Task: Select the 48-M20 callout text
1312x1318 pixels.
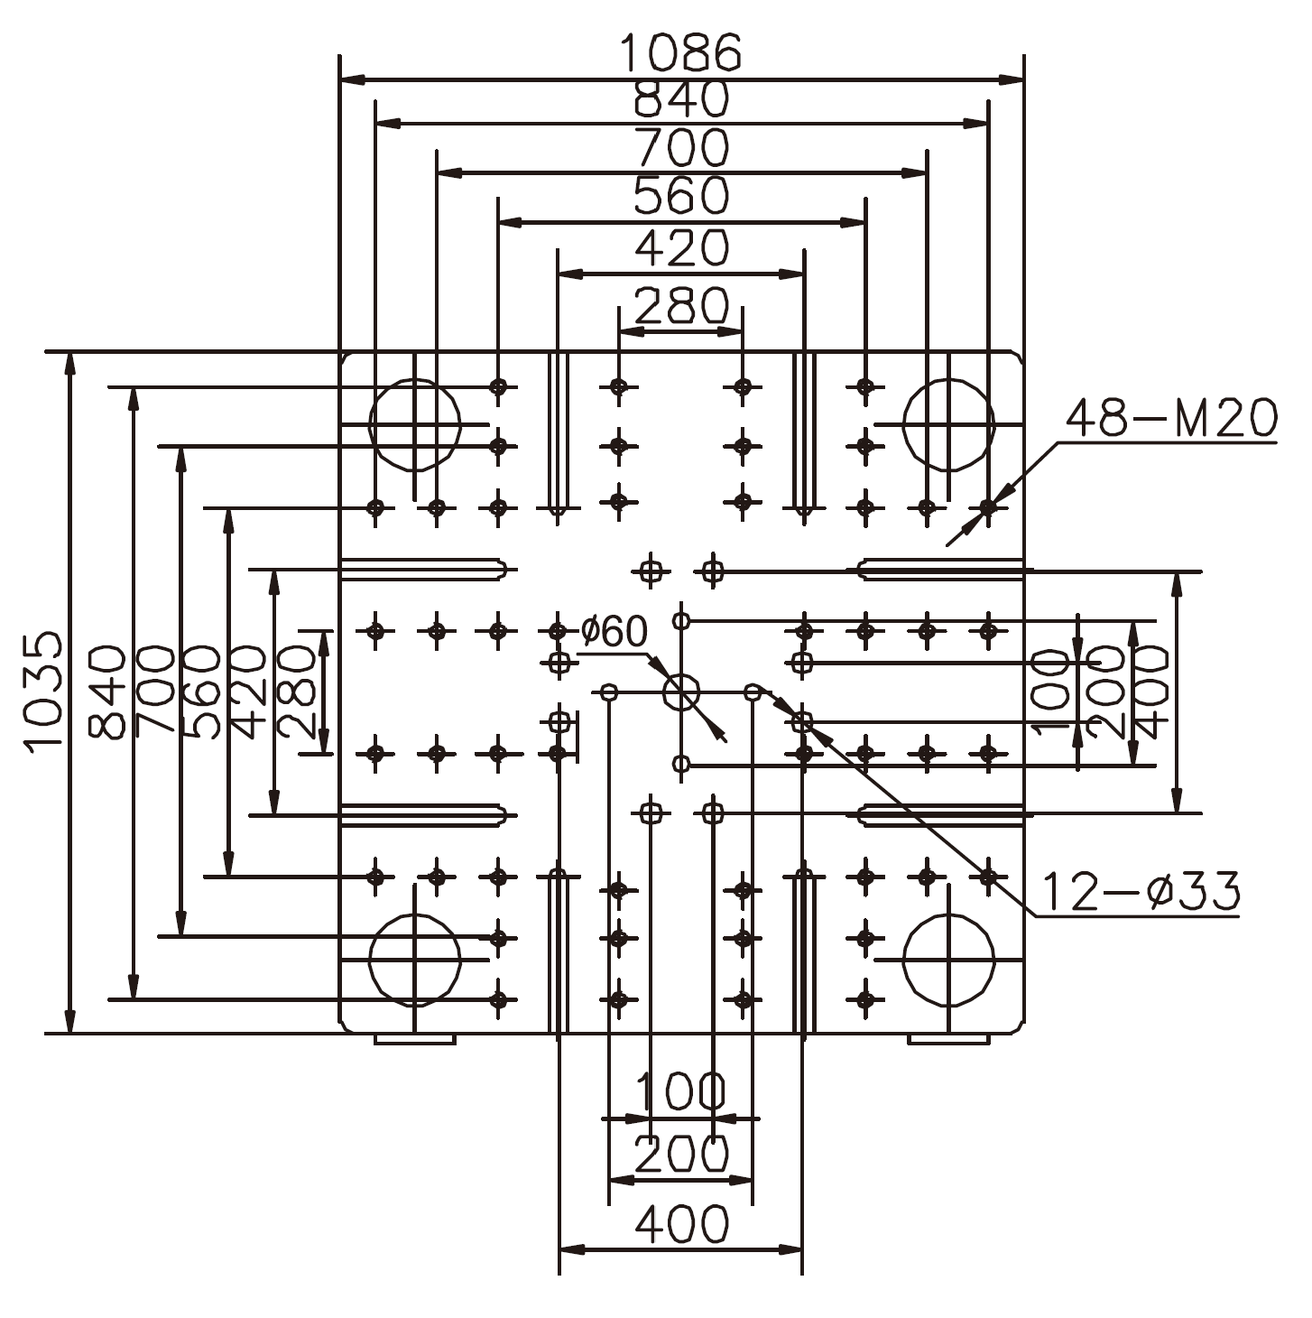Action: tap(1171, 418)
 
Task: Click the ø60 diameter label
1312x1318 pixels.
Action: tap(614, 632)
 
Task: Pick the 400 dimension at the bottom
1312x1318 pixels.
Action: tap(681, 1225)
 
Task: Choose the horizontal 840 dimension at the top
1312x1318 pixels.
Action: tap(681, 99)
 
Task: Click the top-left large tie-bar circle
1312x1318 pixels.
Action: tap(414, 424)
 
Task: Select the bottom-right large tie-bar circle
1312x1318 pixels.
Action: tap(948, 961)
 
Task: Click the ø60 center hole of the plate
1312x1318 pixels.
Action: tap(682, 693)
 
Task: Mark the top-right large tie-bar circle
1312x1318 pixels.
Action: tap(948, 424)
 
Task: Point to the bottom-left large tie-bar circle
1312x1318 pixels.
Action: tap(414, 961)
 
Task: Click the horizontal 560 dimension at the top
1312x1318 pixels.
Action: tap(681, 196)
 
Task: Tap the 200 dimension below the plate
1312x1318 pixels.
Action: tap(681, 1154)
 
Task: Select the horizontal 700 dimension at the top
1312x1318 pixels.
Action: tap(681, 148)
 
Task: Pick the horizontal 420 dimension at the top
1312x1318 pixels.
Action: tap(681, 247)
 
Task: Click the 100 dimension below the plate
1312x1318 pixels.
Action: tap(681, 1091)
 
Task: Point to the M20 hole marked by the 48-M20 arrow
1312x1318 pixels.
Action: tap(988, 507)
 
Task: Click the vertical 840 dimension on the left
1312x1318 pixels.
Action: tap(108, 691)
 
